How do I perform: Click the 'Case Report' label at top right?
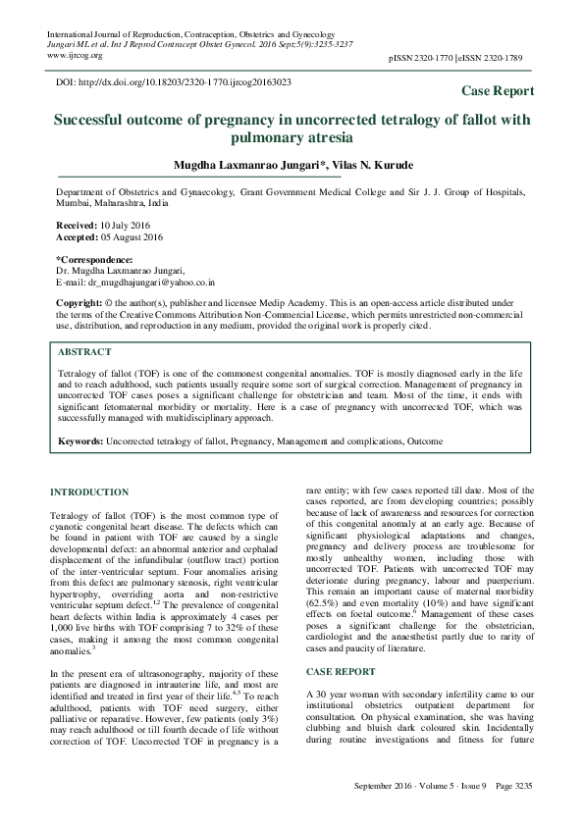498,91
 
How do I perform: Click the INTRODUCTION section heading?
88,491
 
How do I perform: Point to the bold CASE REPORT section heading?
340,645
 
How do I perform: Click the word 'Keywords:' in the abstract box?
80,442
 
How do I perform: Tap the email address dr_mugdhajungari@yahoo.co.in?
162,282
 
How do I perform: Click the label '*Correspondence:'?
91,260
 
